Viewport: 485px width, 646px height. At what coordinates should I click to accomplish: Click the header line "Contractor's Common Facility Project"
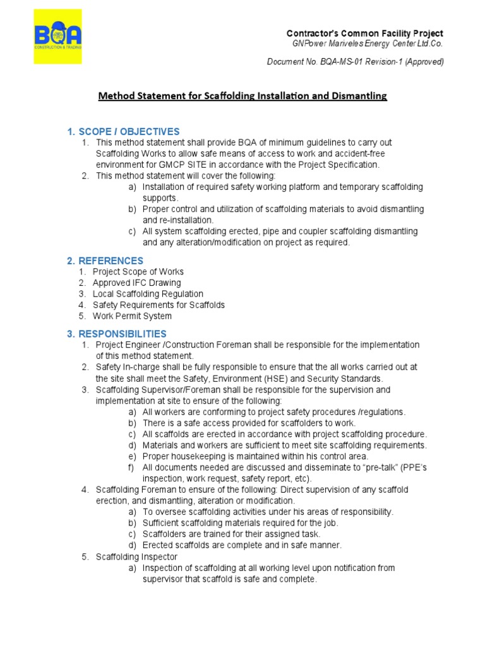pyautogui.click(x=365, y=33)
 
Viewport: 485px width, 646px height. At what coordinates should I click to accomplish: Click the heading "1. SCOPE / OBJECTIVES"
pyautogui.click(x=123, y=132)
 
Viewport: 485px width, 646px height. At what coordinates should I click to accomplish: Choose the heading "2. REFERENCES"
pyautogui.click(x=105, y=261)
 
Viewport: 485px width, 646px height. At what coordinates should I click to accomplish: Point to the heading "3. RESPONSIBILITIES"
pyautogui.click(x=117, y=333)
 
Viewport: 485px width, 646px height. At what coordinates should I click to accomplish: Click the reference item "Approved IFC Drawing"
pyautogui.click(x=136, y=283)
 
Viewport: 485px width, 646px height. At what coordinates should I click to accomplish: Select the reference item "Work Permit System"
pyautogui.click(x=132, y=316)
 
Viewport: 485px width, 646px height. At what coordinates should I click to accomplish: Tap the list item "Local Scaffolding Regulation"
pyautogui.click(x=148, y=294)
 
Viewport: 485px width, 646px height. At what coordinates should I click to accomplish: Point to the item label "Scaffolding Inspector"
pyautogui.click(x=136, y=557)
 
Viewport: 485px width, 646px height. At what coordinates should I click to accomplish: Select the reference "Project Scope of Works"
pyautogui.click(x=138, y=272)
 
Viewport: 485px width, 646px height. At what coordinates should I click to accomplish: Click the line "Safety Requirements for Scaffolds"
pyautogui.click(x=159, y=305)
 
